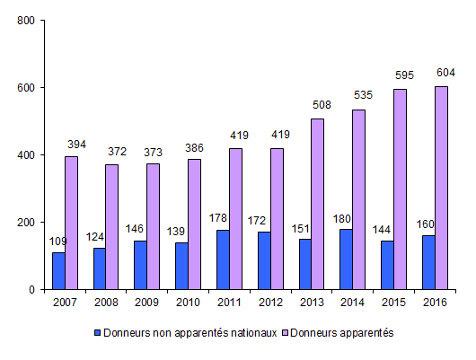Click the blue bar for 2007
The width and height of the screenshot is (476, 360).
click(x=58, y=270)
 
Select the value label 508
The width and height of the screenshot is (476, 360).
click(x=322, y=105)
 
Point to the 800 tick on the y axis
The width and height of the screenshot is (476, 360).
click(x=26, y=21)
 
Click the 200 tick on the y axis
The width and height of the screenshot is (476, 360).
click(x=26, y=223)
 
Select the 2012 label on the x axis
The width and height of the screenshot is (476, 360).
click(x=270, y=303)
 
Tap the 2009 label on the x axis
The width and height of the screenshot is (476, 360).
click(x=146, y=303)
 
